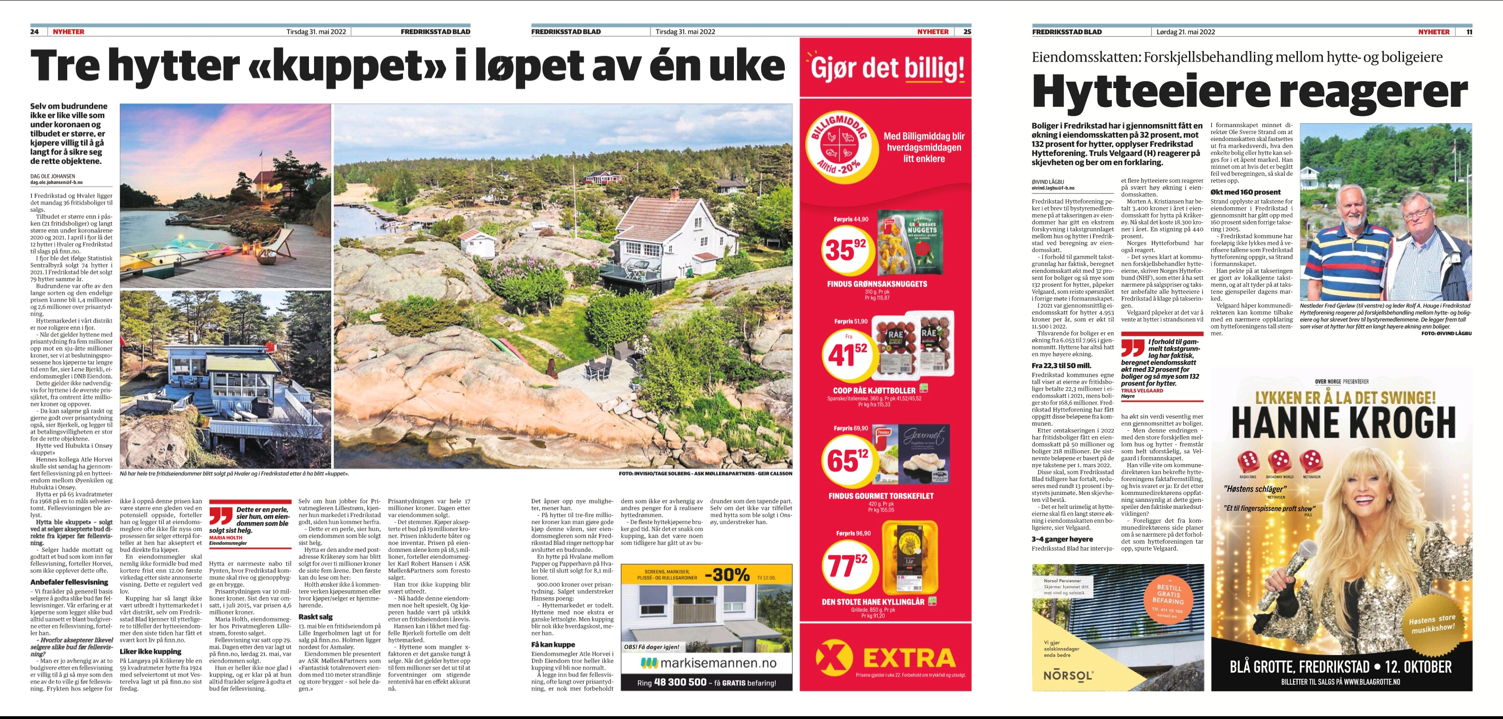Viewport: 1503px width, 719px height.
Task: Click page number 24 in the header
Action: click(34, 32)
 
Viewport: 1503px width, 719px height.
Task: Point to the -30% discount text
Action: click(727, 575)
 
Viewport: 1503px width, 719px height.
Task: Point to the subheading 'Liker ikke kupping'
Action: click(151, 651)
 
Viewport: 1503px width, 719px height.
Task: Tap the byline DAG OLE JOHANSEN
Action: click(52, 176)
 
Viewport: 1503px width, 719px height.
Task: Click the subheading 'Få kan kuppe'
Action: click(552, 644)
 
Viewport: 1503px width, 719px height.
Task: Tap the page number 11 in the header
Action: click(1469, 32)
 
